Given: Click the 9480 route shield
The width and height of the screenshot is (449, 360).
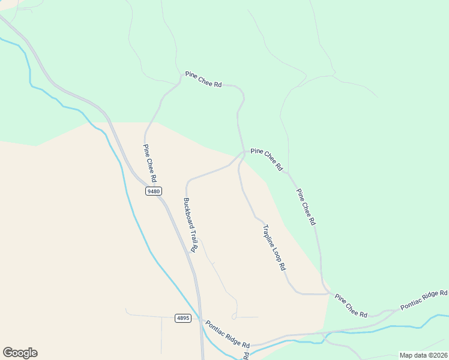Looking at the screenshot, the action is pyautogui.click(x=154, y=191).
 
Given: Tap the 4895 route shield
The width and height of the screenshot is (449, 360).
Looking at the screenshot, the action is pyautogui.click(x=184, y=318).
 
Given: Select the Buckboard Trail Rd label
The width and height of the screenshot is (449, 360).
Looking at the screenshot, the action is pyautogui.click(x=190, y=224).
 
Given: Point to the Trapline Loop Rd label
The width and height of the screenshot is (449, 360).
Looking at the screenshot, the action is pyautogui.click(x=274, y=247).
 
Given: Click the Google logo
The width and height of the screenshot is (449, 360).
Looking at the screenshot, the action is pyautogui.click(x=20, y=353).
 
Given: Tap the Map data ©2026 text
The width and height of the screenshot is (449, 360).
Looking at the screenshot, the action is pyautogui.click(x=423, y=355).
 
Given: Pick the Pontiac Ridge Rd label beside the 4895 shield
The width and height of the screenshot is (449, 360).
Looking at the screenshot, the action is pyautogui.click(x=228, y=334).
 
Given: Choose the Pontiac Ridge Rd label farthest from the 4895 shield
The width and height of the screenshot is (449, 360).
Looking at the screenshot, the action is pyautogui.click(x=424, y=299).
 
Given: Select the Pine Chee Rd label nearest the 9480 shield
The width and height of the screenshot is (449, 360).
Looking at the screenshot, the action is pyautogui.click(x=150, y=163).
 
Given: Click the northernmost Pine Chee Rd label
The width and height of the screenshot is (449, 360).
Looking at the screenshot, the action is pyautogui.click(x=203, y=79).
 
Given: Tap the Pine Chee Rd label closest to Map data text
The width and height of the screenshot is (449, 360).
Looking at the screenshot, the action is pyautogui.click(x=351, y=305).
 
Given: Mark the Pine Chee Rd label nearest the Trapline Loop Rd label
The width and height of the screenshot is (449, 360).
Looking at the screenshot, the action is pyautogui.click(x=306, y=206).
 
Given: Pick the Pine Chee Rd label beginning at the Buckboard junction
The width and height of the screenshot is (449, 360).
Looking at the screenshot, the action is pyautogui.click(x=267, y=160).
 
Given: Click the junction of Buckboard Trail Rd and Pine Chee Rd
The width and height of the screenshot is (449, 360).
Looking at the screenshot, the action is pyautogui.click(x=243, y=152).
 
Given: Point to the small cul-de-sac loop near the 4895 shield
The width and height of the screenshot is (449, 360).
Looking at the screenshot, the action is pyautogui.click(x=234, y=316).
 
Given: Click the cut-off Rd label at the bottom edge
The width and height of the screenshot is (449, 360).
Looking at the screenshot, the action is pyautogui.click(x=246, y=356).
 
